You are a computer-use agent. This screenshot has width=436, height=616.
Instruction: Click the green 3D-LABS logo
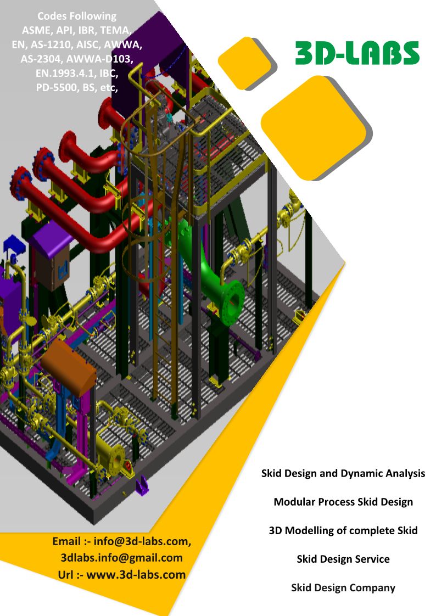(357, 53)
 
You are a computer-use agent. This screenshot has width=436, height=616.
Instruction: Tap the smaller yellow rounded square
(245, 63)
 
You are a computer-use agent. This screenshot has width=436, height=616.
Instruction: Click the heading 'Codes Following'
(77, 16)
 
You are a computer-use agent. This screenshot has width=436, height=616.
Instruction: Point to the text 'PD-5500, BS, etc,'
(77, 88)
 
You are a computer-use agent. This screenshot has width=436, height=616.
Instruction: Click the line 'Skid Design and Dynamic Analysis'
(343, 473)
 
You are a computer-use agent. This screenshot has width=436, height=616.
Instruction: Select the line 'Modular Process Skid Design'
(343, 502)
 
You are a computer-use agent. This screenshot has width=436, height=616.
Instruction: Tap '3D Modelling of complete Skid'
(343, 531)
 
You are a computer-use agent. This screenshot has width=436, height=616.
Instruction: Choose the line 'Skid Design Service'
(343, 559)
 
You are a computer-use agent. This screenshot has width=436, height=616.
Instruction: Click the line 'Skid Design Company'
(343, 587)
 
